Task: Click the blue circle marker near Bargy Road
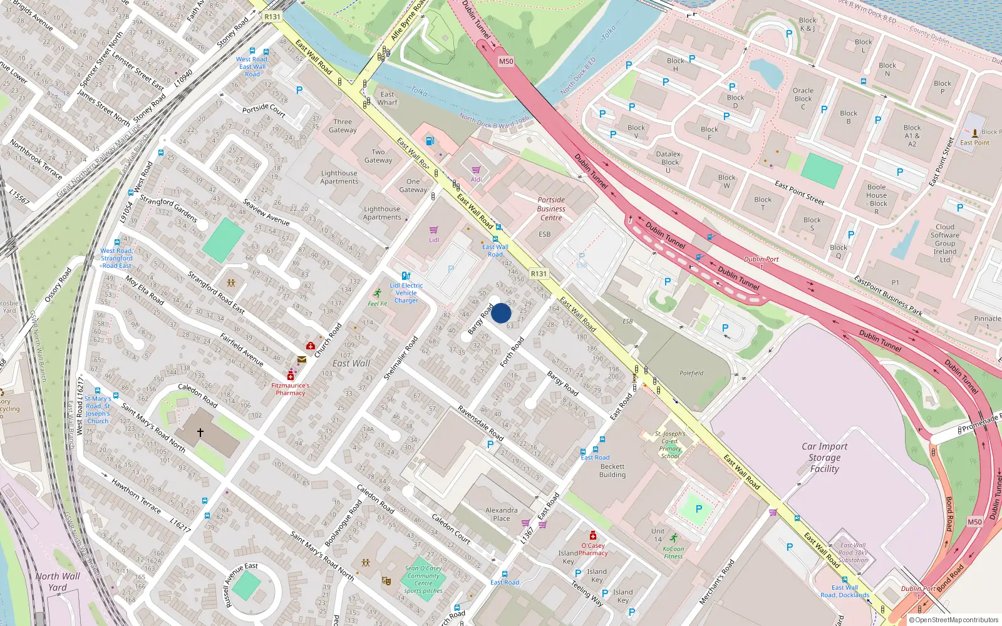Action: [x=501, y=313]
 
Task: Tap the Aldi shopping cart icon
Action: [x=476, y=170]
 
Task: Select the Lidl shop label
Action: [x=434, y=240]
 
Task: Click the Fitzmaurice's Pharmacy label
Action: [x=291, y=389]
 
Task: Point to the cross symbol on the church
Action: [x=200, y=433]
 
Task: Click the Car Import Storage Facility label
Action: [x=824, y=458]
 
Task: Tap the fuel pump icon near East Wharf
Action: [x=430, y=141]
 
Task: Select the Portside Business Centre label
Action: [x=551, y=209]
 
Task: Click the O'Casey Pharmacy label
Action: [x=592, y=549]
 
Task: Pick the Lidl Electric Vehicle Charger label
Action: [x=406, y=293]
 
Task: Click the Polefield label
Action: [x=691, y=373]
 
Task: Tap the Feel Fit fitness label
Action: [x=377, y=304]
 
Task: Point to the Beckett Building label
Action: [x=612, y=471]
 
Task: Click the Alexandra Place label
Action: [x=502, y=514]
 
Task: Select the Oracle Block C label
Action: [x=803, y=98]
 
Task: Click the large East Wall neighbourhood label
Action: [x=351, y=363]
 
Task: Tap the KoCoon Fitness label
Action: [x=674, y=552]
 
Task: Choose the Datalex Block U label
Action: [x=668, y=162]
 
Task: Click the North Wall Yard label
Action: [x=58, y=582]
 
